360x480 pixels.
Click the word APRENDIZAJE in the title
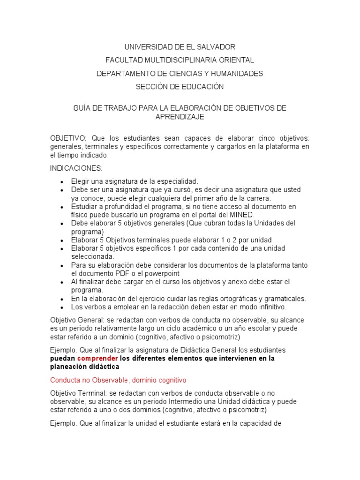tap(180, 117)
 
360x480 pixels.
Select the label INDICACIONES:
tap(76, 168)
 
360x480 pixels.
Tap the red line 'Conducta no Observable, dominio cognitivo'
tap(118, 380)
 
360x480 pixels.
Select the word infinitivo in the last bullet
tap(269, 307)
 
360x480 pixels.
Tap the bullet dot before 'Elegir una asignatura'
tap(62, 181)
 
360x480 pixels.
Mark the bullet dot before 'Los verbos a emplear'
tap(62, 307)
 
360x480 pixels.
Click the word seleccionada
tap(92, 256)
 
